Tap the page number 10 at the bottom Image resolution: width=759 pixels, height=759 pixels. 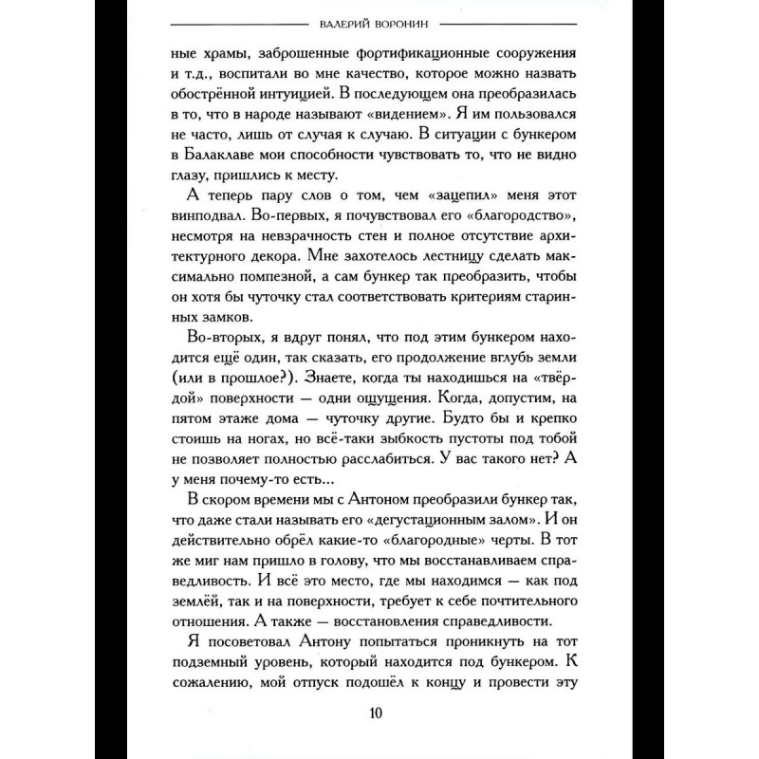pos(378,713)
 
